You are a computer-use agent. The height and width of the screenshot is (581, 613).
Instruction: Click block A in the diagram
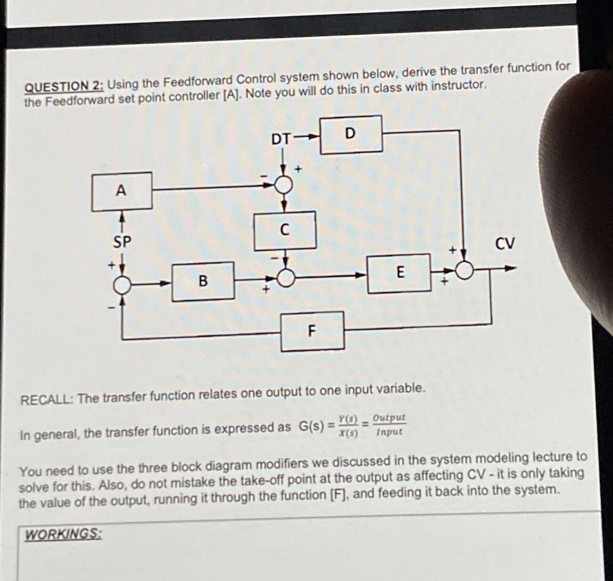pos(122,191)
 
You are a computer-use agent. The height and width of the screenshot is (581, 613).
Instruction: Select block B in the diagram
pos(204,280)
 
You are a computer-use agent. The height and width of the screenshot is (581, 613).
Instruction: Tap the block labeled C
pos(285,230)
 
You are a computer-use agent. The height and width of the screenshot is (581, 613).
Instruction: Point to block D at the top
pos(351,134)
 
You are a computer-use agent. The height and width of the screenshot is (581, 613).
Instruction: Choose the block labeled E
pos(399,273)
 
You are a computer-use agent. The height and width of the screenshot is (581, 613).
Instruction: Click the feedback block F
pos(313,331)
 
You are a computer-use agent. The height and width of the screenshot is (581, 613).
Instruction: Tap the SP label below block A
pos(122,242)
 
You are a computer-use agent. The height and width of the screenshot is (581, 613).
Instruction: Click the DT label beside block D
pos(282,139)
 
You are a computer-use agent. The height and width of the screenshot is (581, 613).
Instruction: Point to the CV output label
pos(505,243)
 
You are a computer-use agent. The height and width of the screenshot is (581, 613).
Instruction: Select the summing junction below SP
pos(122,286)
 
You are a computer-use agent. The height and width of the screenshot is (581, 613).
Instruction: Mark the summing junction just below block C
pos(286,277)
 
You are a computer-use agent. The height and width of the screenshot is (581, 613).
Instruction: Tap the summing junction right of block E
pos(465,270)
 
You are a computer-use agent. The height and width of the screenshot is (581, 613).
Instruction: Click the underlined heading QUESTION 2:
pos(63,86)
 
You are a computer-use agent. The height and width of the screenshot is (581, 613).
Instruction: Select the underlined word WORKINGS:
pos(63,535)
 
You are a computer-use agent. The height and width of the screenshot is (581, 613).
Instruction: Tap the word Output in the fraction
pos(389,417)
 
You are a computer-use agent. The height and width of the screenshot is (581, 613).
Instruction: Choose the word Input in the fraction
pos(389,432)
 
